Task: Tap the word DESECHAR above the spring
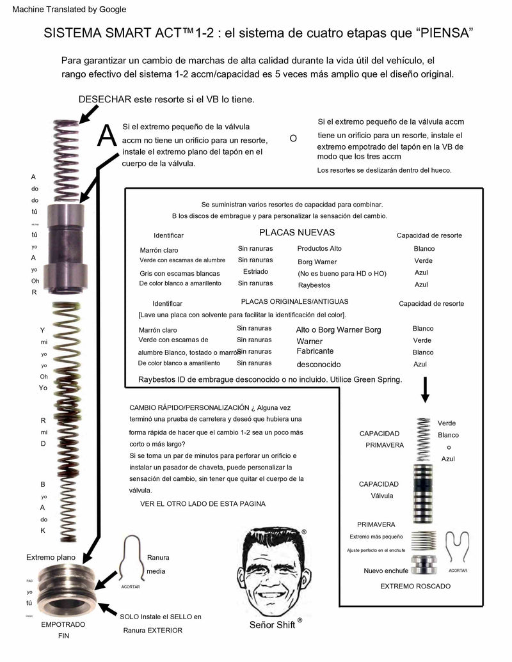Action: click(104, 99)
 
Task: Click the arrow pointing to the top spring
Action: click(88, 114)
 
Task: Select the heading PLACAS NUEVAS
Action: click(296, 232)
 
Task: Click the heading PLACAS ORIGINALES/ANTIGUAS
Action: click(295, 301)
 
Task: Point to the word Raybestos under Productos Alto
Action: click(314, 285)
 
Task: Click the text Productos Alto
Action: click(319, 248)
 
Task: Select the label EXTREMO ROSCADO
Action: click(415, 586)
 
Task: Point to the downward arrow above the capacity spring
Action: click(424, 390)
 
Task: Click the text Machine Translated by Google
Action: click(69, 10)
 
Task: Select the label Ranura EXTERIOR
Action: click(152, 630)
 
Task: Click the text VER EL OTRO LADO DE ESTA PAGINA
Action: click(203, 503)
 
